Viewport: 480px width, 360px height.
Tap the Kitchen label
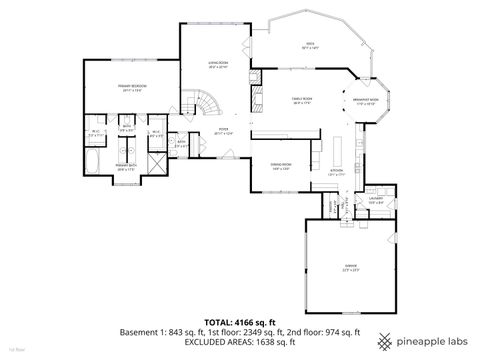click(338, 171)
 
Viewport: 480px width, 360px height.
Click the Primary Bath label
click(126, 167)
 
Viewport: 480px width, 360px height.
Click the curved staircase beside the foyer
click(204, 105)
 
